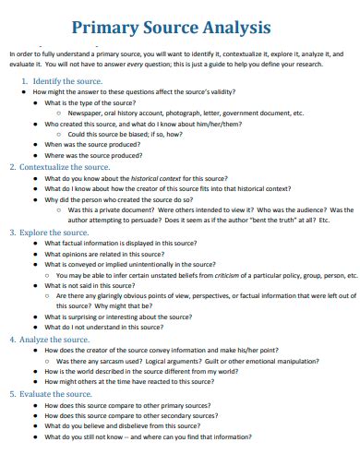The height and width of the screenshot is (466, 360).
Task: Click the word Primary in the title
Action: (x=109, y=28)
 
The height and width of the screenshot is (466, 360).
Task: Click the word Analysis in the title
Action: (x=236, y=28)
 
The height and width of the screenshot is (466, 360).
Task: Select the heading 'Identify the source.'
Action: (x=66, y=82)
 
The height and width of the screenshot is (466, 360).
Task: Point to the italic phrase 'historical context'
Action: (x=184, y=177)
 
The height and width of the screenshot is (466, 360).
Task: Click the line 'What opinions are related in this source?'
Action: (x=107, y=254)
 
